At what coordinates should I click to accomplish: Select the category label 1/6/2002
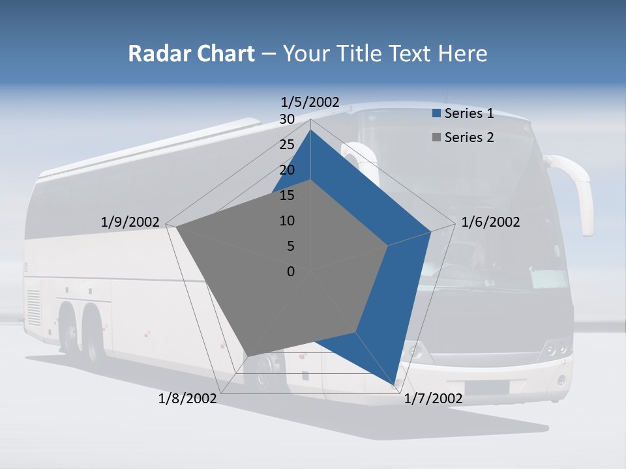click(x=490, y=222)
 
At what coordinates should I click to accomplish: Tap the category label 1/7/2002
click(x=433, y=399)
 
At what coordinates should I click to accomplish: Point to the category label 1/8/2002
click(x=187, y=399)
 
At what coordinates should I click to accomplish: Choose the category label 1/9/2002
click(x=130, y=222)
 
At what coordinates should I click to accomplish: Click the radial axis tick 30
click(x=286, y=119)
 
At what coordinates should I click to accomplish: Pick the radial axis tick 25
click(x=286, y=145)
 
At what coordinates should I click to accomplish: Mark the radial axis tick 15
click(x=286, y=195)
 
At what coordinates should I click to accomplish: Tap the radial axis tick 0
click(x=290, y=272)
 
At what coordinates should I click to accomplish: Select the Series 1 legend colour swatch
click(x=436, y=114)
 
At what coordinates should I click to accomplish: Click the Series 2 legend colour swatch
click(x=436, y=137)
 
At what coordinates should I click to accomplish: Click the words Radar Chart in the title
click(x=191, y=53)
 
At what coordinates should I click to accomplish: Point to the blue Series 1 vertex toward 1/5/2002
click(x=311, y=130)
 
